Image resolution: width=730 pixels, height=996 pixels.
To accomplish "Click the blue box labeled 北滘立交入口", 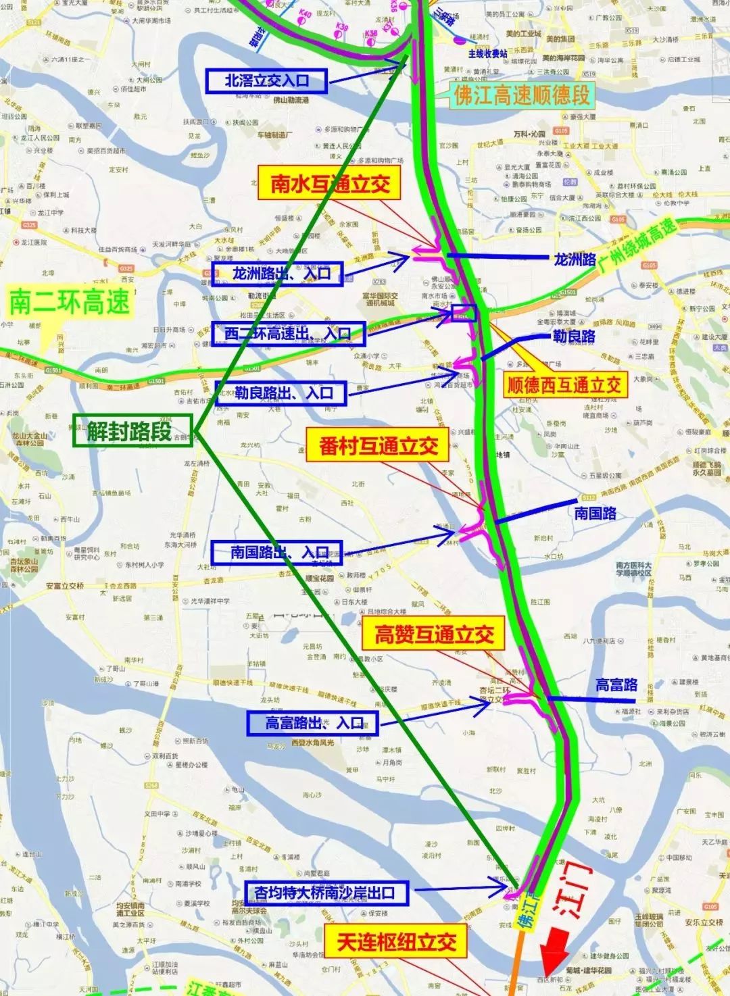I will pos(266,81).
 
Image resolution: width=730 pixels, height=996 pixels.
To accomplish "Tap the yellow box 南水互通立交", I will pos(330,184).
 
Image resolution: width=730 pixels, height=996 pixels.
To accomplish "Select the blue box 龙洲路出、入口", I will pos(277,274).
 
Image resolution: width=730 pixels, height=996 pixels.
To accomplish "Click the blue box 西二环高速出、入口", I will pos(287,333).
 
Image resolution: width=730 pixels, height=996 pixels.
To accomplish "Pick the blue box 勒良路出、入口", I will pos(281,393).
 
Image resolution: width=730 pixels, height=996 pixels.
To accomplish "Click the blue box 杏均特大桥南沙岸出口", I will pos(324,893).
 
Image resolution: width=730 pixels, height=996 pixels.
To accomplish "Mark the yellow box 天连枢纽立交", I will pos(396,942).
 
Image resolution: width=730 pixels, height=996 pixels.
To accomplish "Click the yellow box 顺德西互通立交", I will pos(564,385).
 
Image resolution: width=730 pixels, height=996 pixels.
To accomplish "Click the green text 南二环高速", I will pos(69,302).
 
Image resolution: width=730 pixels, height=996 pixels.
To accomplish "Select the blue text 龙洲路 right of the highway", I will pos(575,259).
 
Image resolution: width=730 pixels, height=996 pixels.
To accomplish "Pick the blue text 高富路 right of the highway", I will pos(616,685).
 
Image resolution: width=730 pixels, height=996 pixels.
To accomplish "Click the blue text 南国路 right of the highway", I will pos(595,514).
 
